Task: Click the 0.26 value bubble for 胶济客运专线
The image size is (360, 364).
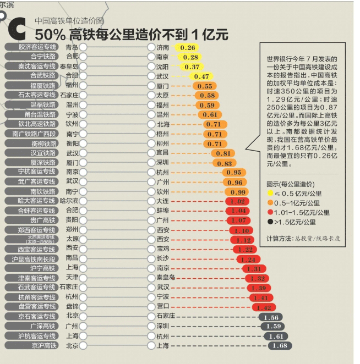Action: coord(188,48)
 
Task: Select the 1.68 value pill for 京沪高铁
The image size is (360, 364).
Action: coord(280,345)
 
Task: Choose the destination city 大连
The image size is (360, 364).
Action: coord(162,201)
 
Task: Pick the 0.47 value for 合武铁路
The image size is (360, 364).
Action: coord(201,76)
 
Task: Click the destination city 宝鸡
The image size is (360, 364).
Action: coord(162,249)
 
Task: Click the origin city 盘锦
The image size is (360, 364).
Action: coord(72,306)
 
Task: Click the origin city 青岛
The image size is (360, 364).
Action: coord(72,47)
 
